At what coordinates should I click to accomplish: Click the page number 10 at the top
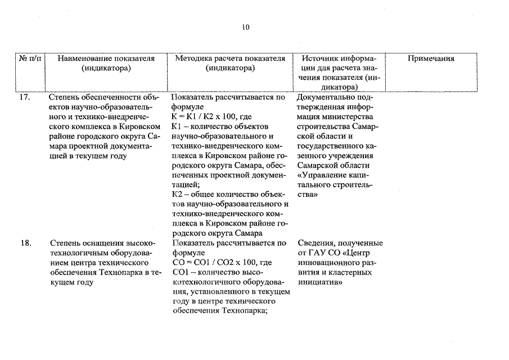click(x=246, y=27)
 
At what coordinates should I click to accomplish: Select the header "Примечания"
click(x=431, y=58)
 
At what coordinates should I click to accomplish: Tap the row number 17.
click(x=25, y=97)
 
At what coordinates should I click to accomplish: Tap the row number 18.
click(x=25, y=243)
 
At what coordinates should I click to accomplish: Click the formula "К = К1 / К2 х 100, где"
click(x=207, y=117)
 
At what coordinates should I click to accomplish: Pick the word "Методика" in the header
click(x=193, y=58)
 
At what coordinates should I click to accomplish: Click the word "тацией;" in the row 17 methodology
click(x=185, y=184)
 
